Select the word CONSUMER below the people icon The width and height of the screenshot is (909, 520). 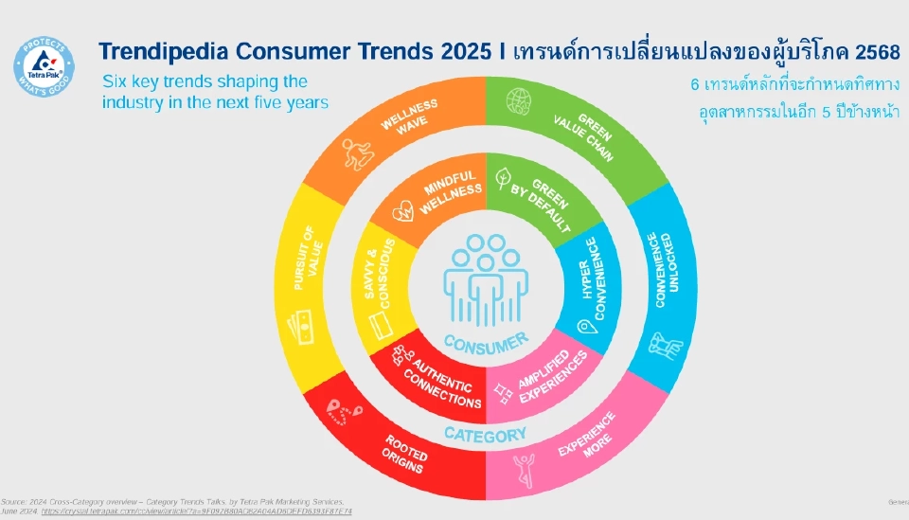tap(485, 341)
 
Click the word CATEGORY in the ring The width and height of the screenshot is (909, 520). tap(485, 435)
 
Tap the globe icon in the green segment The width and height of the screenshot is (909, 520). tap(518, 100)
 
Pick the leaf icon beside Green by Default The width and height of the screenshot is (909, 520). tap(505, 178)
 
